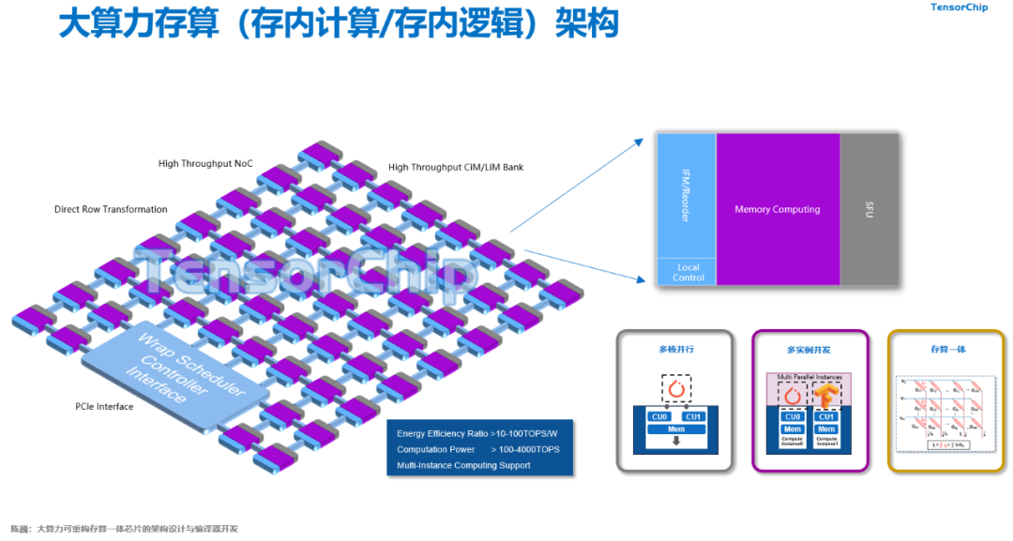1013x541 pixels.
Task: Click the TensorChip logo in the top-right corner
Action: (959, 8)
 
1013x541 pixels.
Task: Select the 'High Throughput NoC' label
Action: (205, 163)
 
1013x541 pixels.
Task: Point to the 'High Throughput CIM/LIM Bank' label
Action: (456, 168)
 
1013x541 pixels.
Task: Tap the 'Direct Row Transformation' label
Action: (111, 209)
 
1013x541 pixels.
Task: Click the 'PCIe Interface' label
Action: (104, 407)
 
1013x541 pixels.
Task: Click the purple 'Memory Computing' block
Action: (777, 209)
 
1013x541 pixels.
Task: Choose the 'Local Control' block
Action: (688, 272)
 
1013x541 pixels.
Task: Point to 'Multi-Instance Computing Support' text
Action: (463, 465)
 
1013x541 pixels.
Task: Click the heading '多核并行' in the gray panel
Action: (675, 350)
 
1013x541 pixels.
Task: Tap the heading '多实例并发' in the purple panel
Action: (810, 350)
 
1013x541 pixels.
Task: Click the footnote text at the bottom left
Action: (124, 529)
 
